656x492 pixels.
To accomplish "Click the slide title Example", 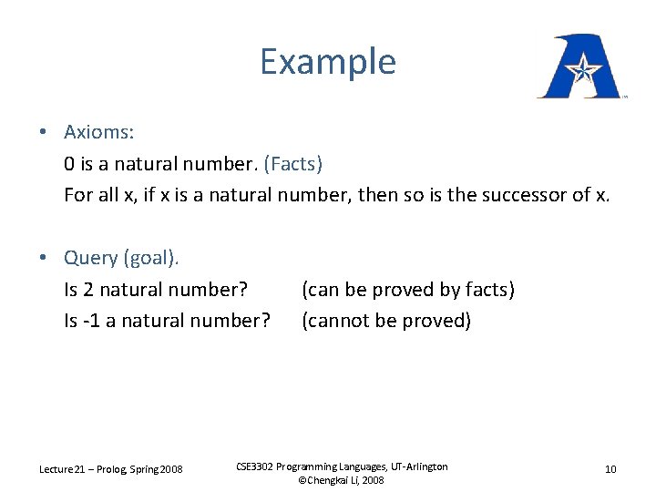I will [x=328, y=62].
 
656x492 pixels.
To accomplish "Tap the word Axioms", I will [x=98, y=132].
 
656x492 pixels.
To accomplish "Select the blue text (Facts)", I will [x=292, y=164].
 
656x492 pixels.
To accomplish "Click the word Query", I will [x=91, y=258].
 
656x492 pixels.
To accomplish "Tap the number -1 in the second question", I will [x=91, y=321].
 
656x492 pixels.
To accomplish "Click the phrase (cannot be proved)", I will [x=386, y=321].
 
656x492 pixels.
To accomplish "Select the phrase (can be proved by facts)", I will [x=408, y=290].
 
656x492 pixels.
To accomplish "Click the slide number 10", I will [x=610, y=469].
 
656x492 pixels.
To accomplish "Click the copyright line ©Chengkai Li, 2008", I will [x=342, y=479].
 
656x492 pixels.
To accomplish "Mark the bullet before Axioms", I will [x=43, y=132].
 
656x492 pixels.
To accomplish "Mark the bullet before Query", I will [x=43, y=258].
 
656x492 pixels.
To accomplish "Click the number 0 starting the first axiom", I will [x=69, y=164].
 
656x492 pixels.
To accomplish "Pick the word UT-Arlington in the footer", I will [x=415, y=466].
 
